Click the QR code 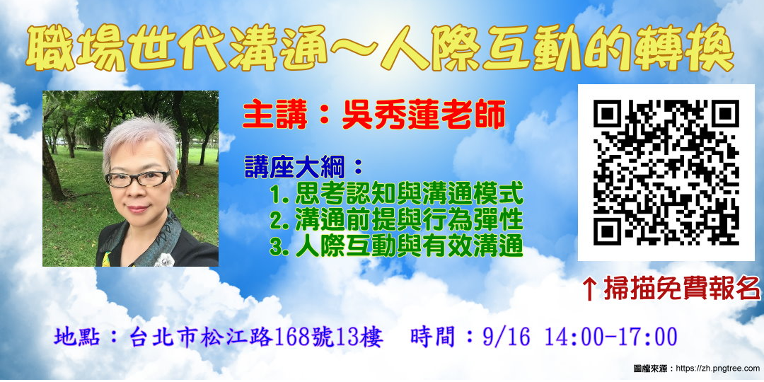coord(666,172)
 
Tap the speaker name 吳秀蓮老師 coord(424,113)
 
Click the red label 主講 coord(268,113)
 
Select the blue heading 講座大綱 coord(298,167)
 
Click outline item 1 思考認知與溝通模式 coord(396,193)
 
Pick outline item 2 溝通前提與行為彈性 coord(396,220)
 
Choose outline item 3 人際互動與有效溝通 coord(396,246)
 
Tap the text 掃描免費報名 coord(681,288)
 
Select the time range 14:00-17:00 coord(610,337)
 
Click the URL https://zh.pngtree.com coord(718,369)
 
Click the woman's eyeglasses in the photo coord(137,178)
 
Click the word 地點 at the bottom coord(73,337)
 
